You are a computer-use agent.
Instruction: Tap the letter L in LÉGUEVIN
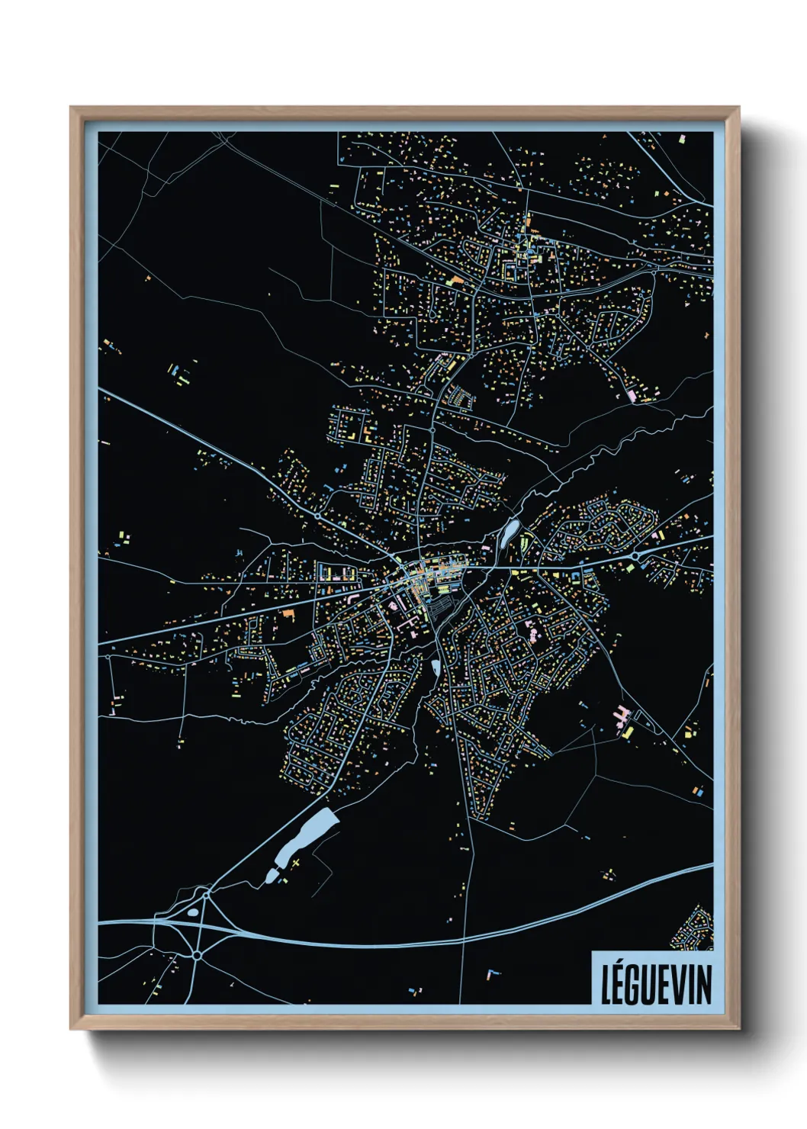pos(607,985)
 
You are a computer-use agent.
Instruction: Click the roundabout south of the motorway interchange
pos(197,954)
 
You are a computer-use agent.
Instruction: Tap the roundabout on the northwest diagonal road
pos(317,516)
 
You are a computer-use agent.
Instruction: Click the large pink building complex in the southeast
pos(622,716)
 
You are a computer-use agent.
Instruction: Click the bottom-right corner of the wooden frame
pos(738,1029)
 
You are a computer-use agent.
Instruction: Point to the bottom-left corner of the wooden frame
pos(71,1029)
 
